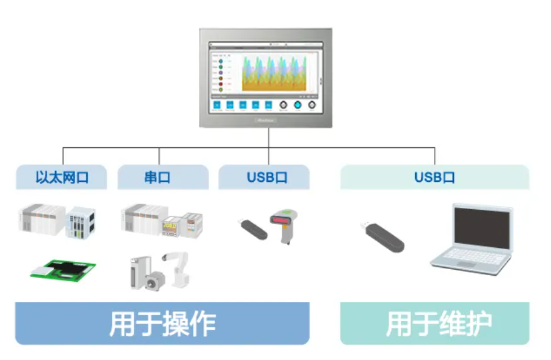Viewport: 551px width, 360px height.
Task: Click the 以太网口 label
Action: tap(62, 178)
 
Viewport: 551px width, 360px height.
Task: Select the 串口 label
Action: tap(157, 178)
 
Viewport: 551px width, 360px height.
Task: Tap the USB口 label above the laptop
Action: tap(434, 178)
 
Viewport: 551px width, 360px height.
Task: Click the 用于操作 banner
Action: tap(162, 324)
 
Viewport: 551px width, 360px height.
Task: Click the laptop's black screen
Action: tap(483, 229)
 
